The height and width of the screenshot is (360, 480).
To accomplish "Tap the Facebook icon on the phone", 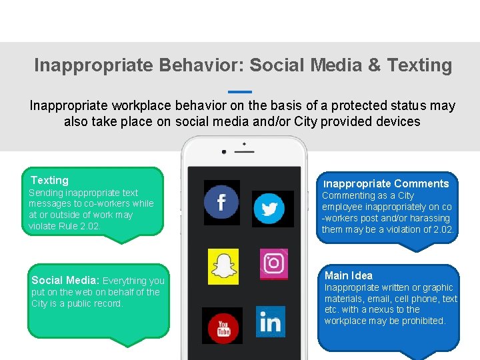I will (221, 202).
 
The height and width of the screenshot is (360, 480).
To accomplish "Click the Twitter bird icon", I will (270, 209).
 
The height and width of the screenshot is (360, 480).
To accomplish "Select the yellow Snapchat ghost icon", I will (223, 265).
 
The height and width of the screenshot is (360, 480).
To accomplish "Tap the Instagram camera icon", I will (273, 263).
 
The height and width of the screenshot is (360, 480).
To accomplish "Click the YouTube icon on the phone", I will (222, 326).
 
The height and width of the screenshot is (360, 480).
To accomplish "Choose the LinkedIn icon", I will (270, 322).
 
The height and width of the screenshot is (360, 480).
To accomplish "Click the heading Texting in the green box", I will (49, 180).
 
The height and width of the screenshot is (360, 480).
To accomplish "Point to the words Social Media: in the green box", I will (65, 281).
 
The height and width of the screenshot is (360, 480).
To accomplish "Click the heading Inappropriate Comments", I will (385, 183).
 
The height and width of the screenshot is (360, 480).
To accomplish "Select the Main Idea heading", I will (348, 275).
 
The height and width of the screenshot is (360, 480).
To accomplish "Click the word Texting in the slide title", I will (419, 65).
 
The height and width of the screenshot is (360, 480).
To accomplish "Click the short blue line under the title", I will (240, 91).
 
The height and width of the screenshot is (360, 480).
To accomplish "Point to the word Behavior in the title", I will (201, 65).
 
